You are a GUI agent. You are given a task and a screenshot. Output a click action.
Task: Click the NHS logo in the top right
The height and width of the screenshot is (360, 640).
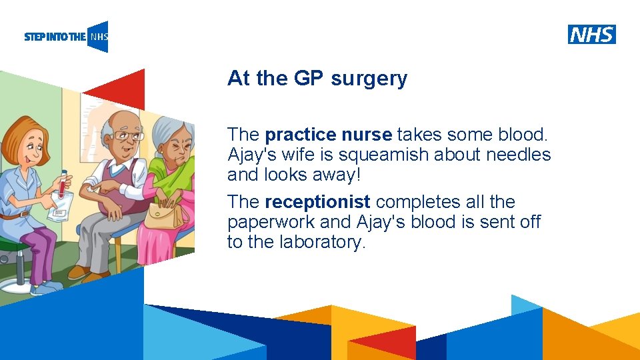(x=591, y=34)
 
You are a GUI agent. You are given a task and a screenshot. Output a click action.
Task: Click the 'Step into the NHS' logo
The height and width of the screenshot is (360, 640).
(x=66, y=37)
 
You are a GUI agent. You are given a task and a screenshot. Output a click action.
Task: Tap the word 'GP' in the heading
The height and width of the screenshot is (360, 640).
(x=308, y=79)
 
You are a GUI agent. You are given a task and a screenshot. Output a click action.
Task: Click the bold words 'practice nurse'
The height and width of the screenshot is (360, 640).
(x=328, y=135)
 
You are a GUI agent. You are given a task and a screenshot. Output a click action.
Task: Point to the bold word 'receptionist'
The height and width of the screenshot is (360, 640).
(x=317, y=201)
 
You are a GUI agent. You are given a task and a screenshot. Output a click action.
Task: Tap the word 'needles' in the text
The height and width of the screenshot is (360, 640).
(x=518, y=155)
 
